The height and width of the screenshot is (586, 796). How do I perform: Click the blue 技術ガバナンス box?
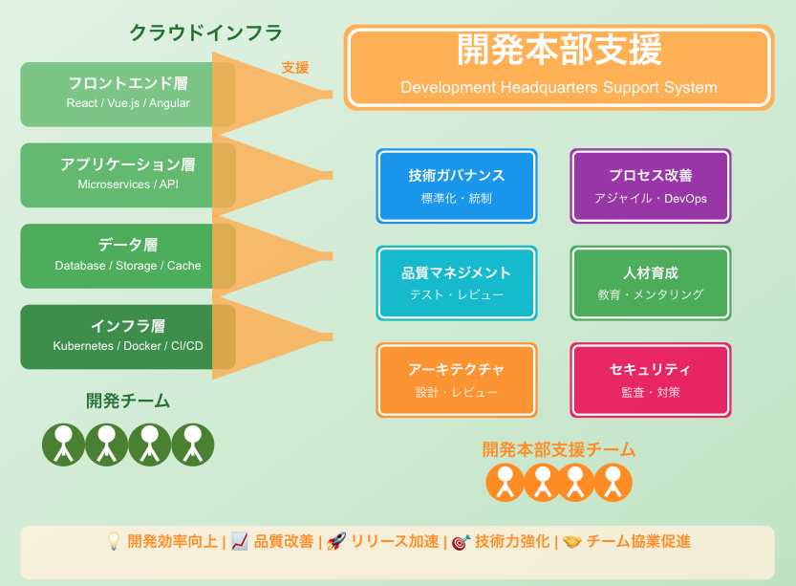coord(457,185)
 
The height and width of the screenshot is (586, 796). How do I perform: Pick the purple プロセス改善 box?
coord(651,185)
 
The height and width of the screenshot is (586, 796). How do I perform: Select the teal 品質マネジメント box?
coord(457,283)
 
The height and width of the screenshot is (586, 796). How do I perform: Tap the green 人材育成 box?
coord(651,283)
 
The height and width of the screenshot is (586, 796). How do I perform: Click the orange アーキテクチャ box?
coord(457,380)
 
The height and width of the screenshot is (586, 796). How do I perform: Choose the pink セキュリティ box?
coord(651,380)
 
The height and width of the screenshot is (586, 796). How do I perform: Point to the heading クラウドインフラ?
coord(206,33)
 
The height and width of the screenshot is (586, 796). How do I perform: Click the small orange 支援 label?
coord(295,68)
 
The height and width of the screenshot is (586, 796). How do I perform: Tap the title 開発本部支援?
coord(559,51)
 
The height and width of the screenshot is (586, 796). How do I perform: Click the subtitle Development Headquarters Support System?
coord(559,88)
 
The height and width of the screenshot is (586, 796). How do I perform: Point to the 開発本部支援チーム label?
coord(559,449)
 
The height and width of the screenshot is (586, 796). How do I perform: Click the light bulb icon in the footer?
coord(114,541)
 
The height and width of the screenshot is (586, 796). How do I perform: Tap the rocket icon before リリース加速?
coord(336,541)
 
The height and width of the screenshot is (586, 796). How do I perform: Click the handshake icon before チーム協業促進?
coord(572,541)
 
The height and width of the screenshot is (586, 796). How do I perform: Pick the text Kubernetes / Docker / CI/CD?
coord(128,346)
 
